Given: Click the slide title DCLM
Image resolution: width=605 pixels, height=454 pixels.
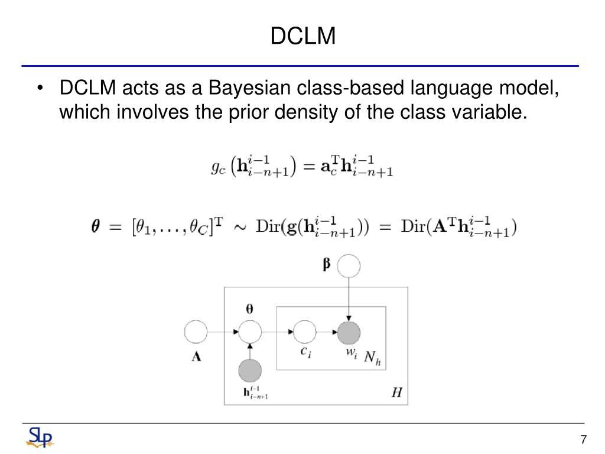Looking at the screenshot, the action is pos(303,37).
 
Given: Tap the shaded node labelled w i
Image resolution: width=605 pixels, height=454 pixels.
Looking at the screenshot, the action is pos(349,333).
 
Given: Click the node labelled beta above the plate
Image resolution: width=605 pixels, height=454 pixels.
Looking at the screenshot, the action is pos(349,266).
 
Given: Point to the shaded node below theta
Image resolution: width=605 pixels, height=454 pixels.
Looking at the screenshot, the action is pos(250,371).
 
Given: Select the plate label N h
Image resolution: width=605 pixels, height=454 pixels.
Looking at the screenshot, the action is pos(372,357).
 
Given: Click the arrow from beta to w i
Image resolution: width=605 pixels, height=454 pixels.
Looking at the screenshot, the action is pos(349,299).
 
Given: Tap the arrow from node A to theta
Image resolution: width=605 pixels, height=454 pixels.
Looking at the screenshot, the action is pos(222,333).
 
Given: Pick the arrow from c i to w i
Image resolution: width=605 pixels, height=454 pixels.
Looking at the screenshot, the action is pos(327,333).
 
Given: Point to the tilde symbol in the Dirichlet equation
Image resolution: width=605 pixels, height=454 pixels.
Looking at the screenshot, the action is pos(240,228).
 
